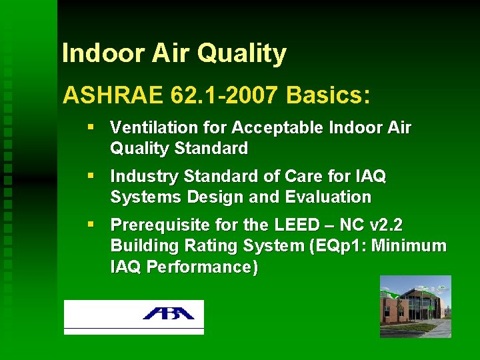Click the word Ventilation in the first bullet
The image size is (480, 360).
pos(145,127)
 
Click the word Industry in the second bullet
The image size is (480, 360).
pos(138,177)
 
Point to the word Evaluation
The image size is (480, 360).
pos(337,197)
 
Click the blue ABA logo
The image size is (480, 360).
pos(167,313)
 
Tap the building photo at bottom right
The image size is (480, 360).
pos(415,306)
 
